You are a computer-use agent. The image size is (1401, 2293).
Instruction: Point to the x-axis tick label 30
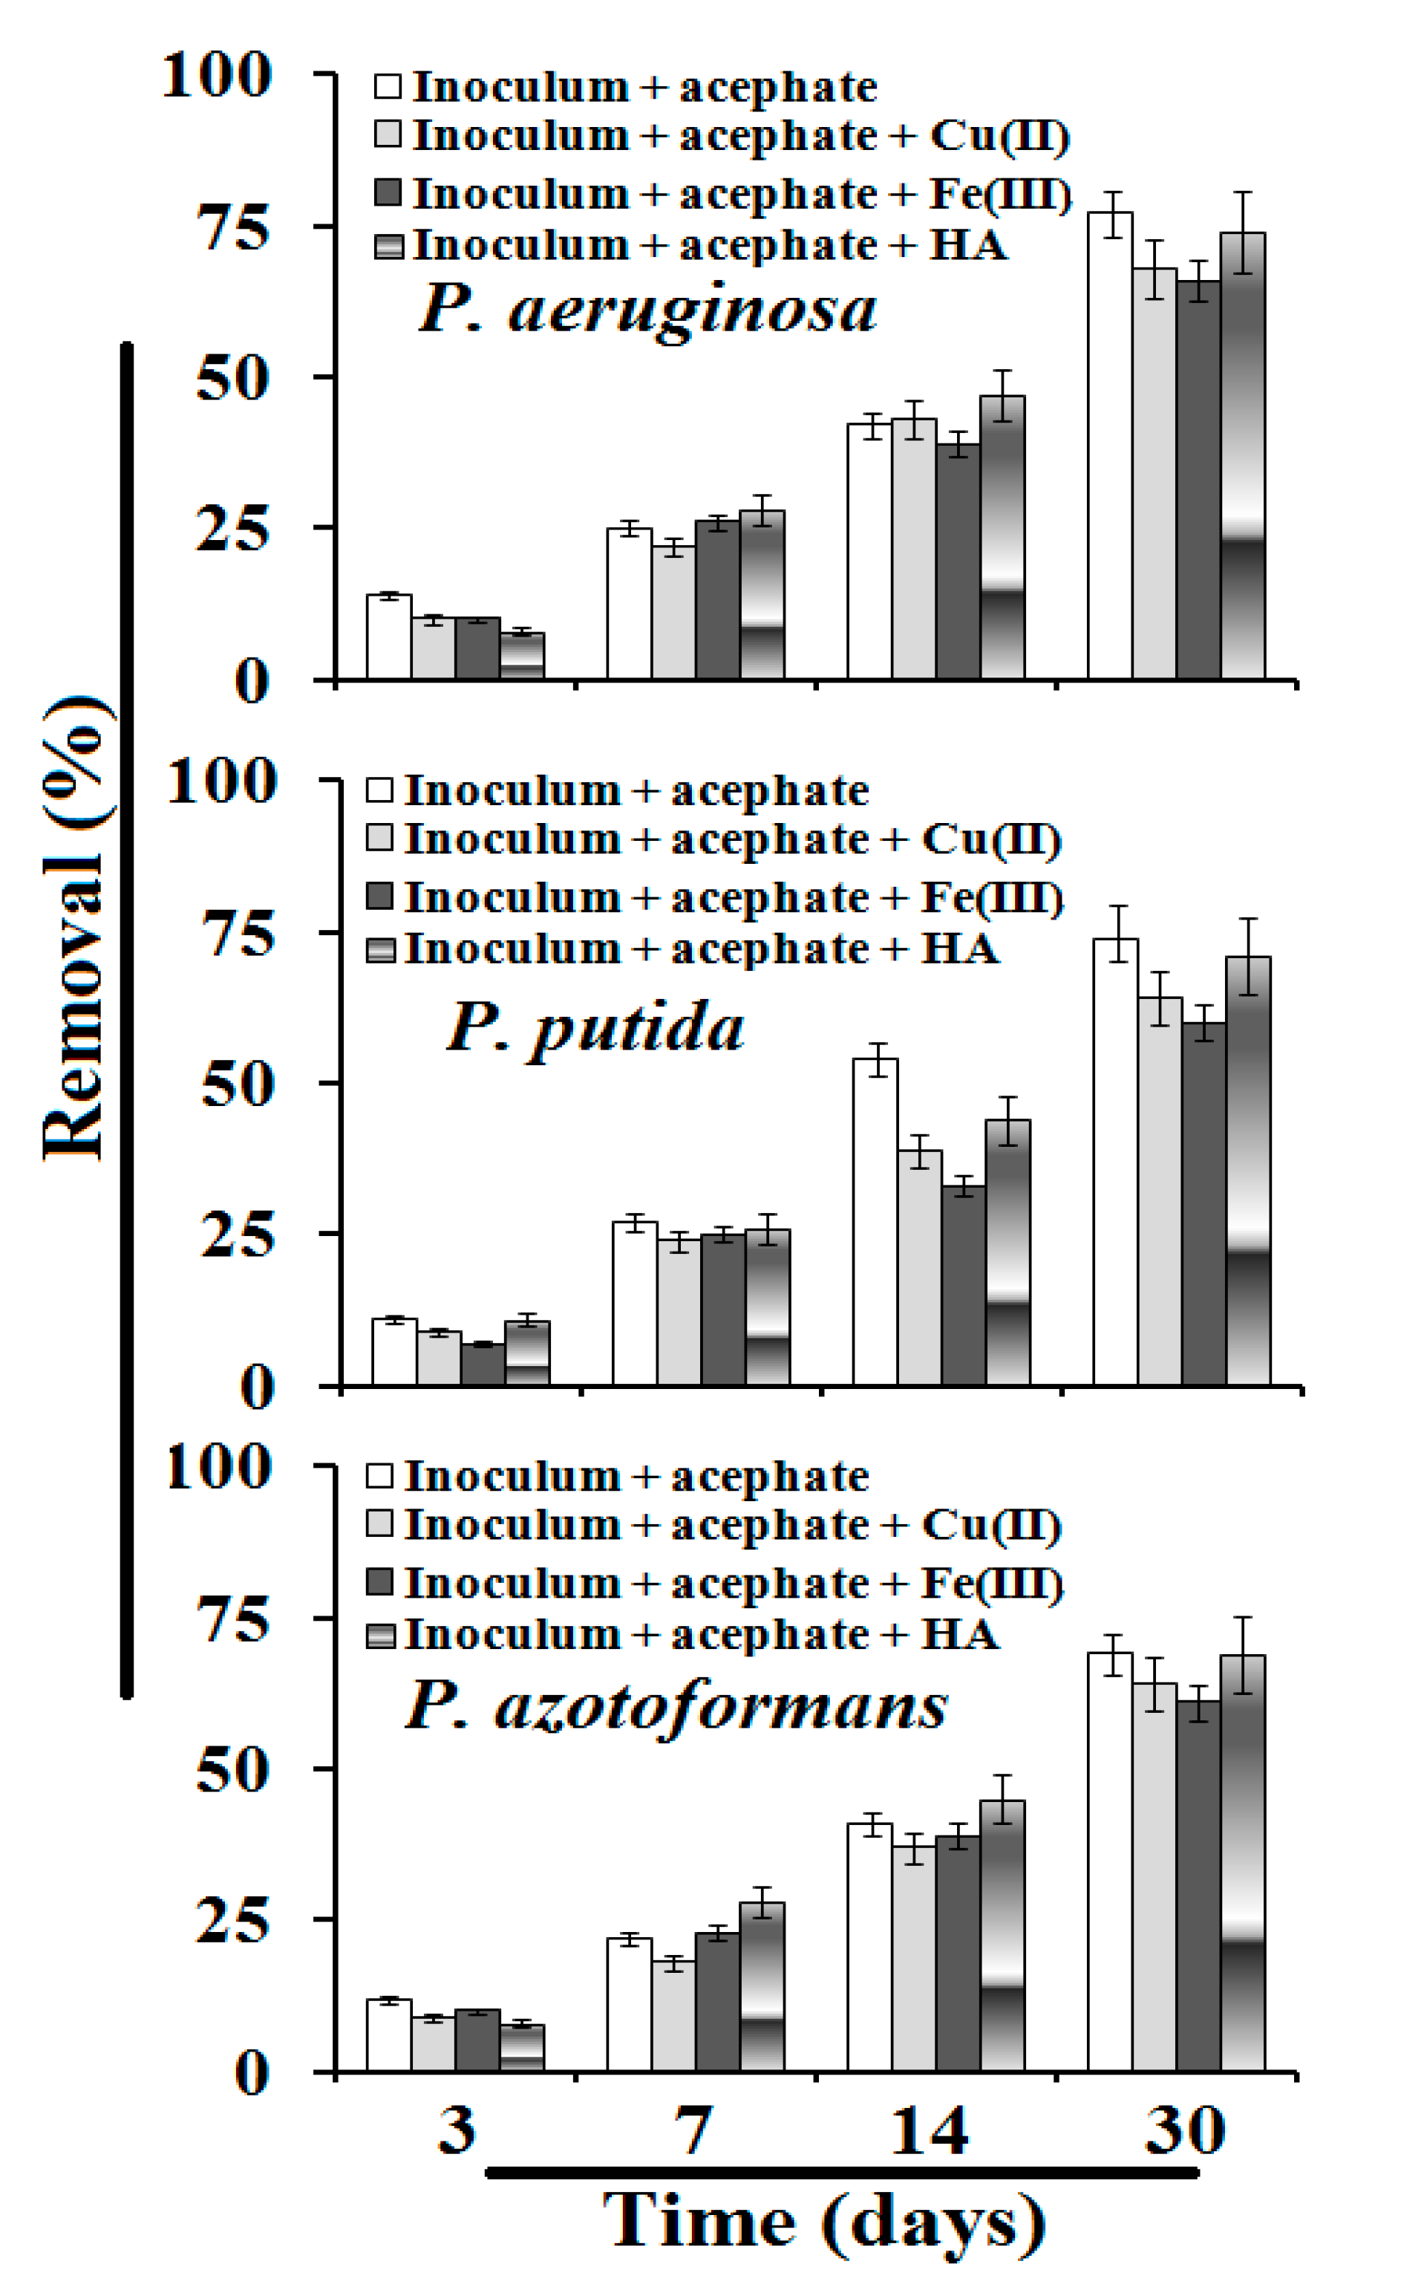point(1183,2132)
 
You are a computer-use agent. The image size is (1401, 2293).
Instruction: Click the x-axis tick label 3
point(457,2132)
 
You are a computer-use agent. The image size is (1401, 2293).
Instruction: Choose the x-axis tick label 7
point(693,2132)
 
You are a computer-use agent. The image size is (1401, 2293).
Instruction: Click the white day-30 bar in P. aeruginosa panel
point(1110,446)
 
